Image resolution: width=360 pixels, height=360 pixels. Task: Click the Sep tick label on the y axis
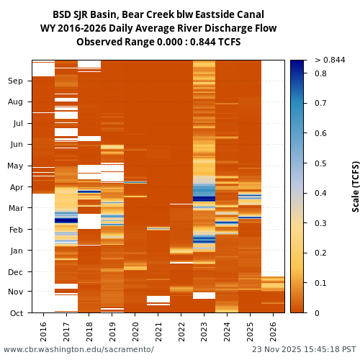(x=15, y=81)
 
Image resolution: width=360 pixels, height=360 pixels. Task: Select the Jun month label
(x=15, y=145)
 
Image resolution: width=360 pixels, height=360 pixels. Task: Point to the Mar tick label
(x=15, y=209)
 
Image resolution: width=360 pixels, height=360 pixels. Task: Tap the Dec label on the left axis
(x=15, y=272)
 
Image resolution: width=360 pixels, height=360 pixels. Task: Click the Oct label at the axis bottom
(x=15, y=313)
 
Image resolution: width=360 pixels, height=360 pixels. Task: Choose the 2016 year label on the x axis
(x=43, y=331)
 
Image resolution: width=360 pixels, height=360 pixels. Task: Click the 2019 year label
(x=112, y=331)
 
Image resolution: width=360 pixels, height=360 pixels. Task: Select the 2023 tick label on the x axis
(x=204, y=331)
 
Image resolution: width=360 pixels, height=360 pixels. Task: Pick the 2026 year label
(x=274, y=331)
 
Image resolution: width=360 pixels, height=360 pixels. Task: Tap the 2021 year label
(x=158, y=331)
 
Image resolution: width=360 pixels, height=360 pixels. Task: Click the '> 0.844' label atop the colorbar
(x=330, y=60)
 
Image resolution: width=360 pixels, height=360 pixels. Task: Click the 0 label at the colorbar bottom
(x=317, y=313)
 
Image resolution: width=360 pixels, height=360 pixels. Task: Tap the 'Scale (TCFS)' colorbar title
(x=355, y=186)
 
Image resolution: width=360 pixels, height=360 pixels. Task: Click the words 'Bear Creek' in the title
(x=145, y=14)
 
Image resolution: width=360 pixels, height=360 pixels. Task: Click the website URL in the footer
(x=78, y=350)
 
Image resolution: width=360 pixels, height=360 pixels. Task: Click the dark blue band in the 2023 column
(x=204, y=199)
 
